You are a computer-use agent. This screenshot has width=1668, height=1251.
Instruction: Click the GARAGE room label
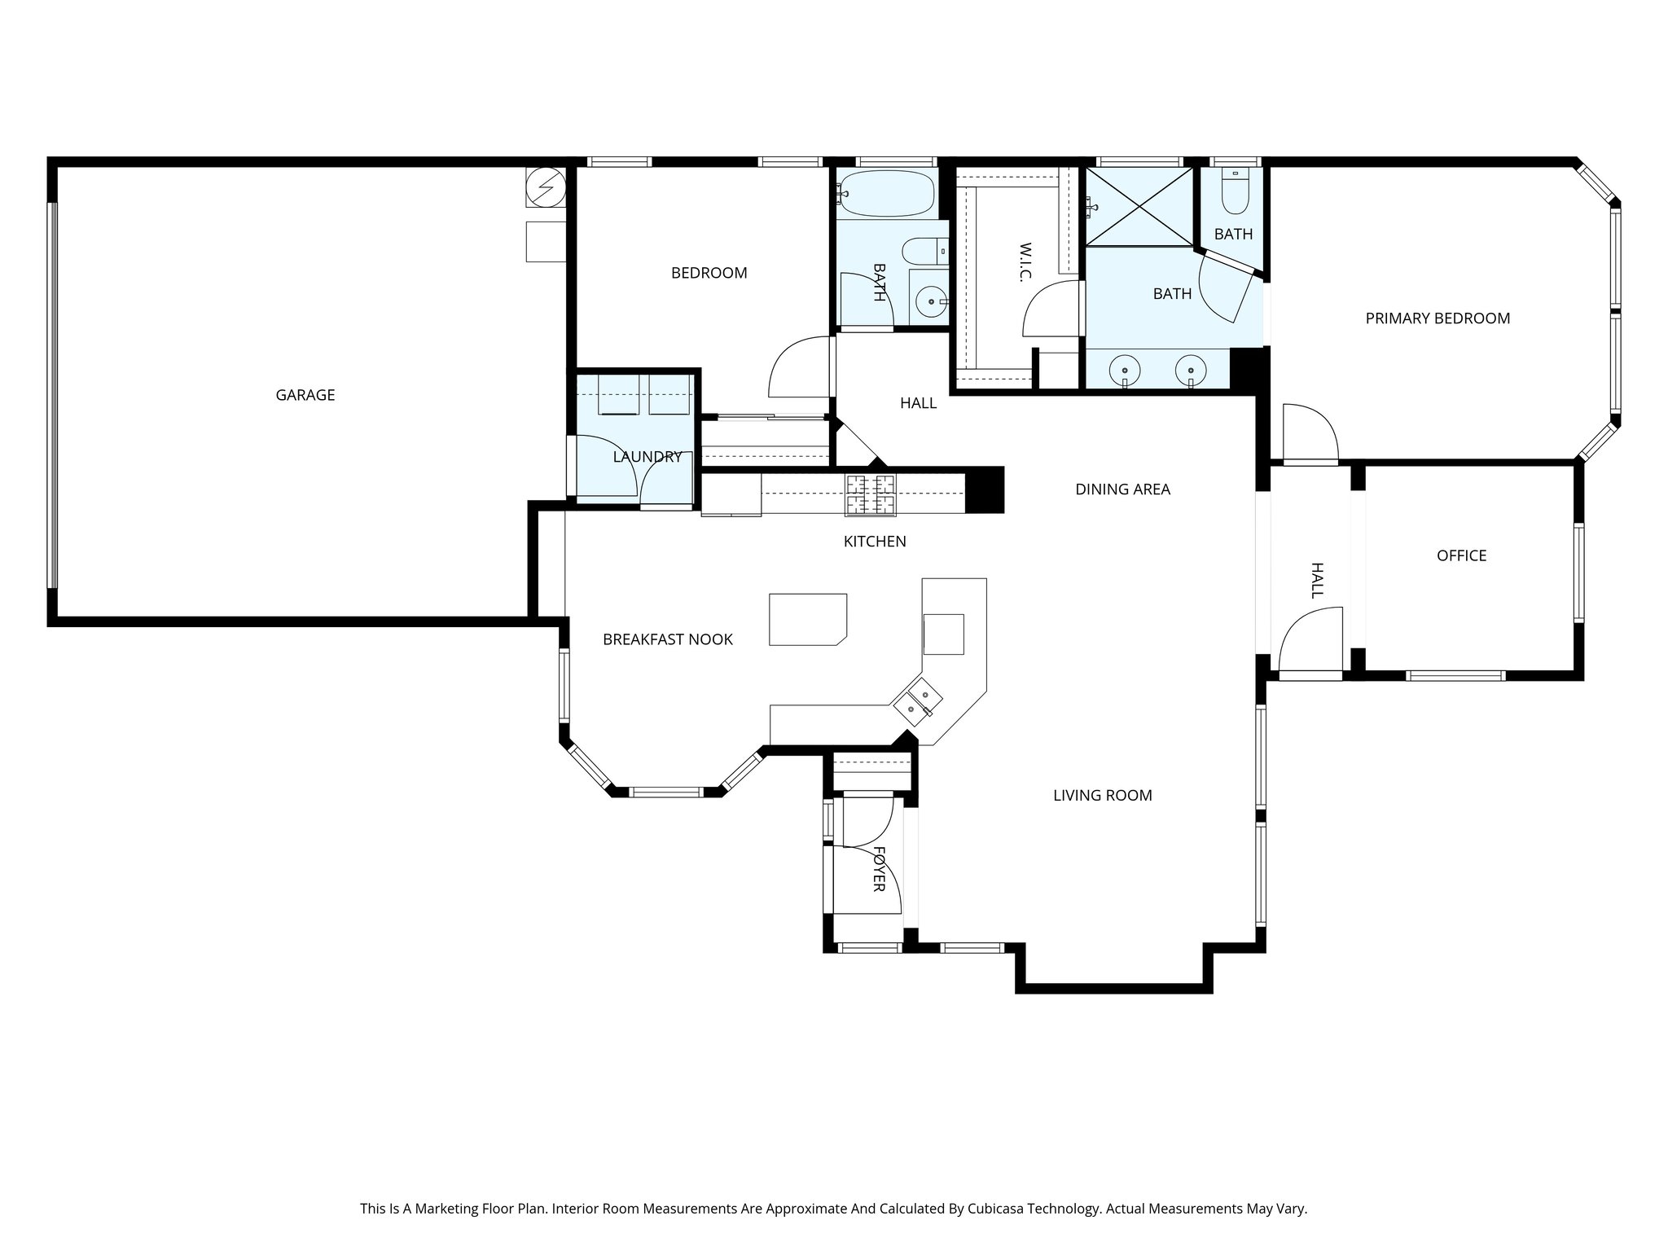(x=305, y=395)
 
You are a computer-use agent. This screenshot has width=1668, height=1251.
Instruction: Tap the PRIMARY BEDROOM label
(x=1438, y=318)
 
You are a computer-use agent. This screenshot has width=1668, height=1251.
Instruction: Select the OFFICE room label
(x=1461, y=555)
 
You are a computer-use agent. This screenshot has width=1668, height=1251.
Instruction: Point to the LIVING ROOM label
(x=1102, y=795)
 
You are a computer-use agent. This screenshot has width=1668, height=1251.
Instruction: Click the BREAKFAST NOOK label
(x=667, y=639)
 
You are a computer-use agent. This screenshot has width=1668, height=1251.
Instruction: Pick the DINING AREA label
(x=1122, y=489)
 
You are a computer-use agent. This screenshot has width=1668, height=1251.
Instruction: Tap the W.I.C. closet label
(x=1025, y=261)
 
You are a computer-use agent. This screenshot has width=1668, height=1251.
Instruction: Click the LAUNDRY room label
(x=647, y=457)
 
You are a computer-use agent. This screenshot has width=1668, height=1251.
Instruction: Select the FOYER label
(x=879, y=868)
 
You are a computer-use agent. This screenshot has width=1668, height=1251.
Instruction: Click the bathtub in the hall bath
(x=886, y=194)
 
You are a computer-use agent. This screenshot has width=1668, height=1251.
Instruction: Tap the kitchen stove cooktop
(x=871, y=494)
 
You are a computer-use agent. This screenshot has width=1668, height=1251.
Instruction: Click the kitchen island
(x=808, y=620)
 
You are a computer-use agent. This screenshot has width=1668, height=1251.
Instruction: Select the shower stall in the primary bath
(x=1139, y=205)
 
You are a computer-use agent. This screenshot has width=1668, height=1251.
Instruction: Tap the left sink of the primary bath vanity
(x=1126, y=369)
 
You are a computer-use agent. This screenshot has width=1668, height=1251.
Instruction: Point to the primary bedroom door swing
(x=1310, y=432)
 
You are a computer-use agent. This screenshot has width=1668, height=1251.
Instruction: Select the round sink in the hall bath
(x=931, y=302)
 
